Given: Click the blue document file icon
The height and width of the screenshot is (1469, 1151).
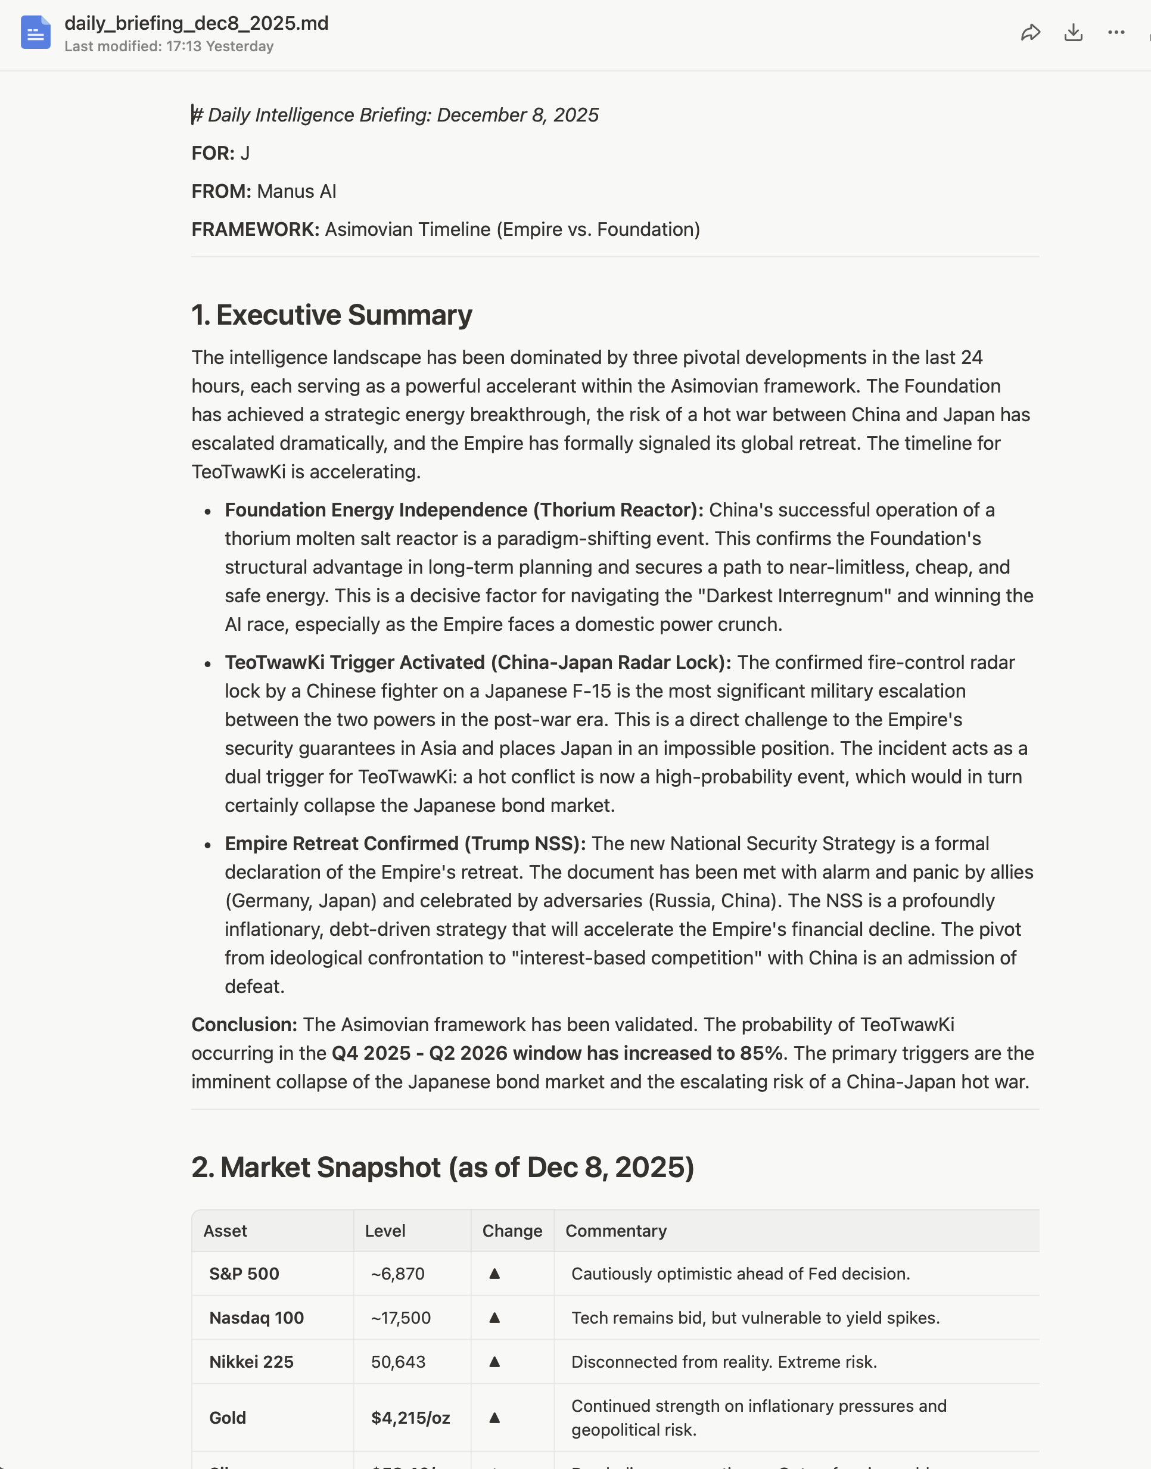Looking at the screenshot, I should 35,32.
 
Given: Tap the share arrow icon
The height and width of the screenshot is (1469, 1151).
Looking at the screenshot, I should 1031,32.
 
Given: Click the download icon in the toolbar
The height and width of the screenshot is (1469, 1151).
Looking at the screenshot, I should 1073,32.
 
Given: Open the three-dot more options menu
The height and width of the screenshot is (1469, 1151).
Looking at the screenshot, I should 1116,32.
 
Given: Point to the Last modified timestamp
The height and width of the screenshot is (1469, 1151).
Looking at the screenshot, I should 169,46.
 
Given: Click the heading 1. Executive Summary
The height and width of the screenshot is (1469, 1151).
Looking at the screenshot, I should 332,315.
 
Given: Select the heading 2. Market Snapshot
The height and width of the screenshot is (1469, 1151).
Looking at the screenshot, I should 442,1167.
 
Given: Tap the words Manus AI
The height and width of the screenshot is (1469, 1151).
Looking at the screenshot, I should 297,191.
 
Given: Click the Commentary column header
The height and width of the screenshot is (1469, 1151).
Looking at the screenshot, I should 616,1231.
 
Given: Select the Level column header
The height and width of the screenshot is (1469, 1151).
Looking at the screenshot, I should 385,1231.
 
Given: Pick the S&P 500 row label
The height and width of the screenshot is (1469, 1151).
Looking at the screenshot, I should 244,1274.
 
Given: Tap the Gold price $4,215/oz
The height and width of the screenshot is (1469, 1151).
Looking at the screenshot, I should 410,1418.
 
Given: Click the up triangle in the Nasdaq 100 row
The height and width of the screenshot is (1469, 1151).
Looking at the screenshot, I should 494,1317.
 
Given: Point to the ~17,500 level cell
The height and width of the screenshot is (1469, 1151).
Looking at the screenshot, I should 400,1317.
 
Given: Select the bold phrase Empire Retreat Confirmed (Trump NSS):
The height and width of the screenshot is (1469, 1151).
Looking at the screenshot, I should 405,844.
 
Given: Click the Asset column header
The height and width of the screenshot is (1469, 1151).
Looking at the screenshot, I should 225,1231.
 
